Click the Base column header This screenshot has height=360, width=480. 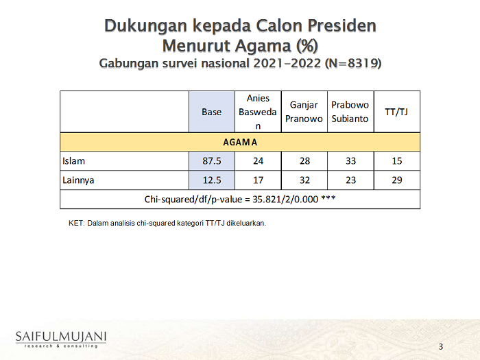(x=211, y=112)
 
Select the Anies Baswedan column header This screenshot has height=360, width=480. (x=258, y=112)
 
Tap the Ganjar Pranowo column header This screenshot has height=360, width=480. (x=304, y=112)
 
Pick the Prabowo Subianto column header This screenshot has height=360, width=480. (x=350, y=112)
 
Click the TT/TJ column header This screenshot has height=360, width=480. (x=396, y=112)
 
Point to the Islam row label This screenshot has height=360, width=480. (x=74, y=161)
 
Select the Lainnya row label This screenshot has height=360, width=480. (x=78, y=180)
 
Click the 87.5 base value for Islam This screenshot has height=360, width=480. (x=212, y=161)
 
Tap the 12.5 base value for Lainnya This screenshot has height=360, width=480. (x=212, y=180)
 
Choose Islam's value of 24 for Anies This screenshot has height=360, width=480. (x=258, y=161)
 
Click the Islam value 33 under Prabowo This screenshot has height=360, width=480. (x=351, y=161)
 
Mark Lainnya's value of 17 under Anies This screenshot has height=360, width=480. (x=258, y=180)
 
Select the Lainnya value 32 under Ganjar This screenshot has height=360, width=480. (x=304, y=180)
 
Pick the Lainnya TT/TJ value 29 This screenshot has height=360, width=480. (x=397, y=180)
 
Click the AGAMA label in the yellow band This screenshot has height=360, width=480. (x=240, y=143)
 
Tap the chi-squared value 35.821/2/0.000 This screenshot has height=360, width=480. (x=285, y=200)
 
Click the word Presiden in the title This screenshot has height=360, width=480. (x=342, y=25)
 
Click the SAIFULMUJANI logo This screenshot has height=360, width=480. (x=61, y=339)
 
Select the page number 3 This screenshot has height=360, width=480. (x=441, y=346)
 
